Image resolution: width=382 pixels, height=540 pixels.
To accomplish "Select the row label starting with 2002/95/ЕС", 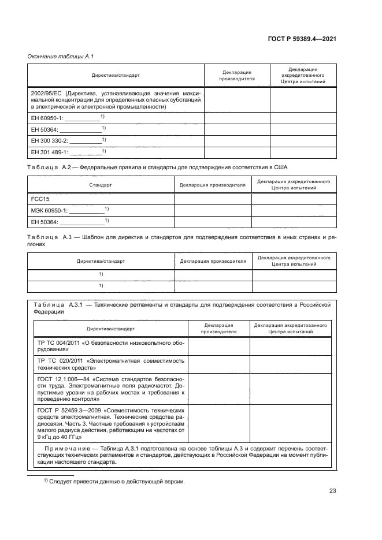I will tap(115, 99).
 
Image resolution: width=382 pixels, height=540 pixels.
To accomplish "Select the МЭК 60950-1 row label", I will tap(69, 210).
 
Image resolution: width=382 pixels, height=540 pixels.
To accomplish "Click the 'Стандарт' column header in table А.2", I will tap(101, 185).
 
